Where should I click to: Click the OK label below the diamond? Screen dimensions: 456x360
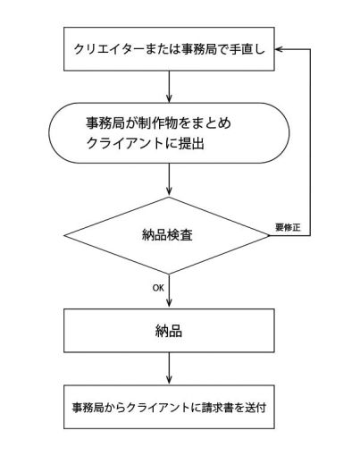pos(158,289)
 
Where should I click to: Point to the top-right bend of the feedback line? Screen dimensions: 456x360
pos(310,49)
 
